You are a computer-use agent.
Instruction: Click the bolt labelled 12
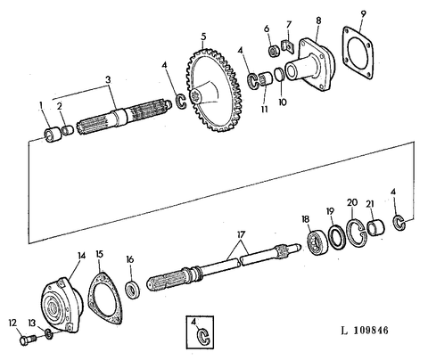pos(28,340)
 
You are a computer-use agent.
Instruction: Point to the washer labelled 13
pos(49,334)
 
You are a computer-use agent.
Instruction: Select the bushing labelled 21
pos(376,228)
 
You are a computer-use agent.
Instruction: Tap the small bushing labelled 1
pos(53,135)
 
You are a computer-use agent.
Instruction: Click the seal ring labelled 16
pos(132,289)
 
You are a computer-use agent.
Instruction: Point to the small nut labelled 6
pos(275,51)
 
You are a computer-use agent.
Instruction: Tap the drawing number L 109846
pos(365,331)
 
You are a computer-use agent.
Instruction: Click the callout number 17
pos(241,234)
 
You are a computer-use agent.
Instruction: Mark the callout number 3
pos(108,79)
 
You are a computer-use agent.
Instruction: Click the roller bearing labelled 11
pos(266,79)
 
